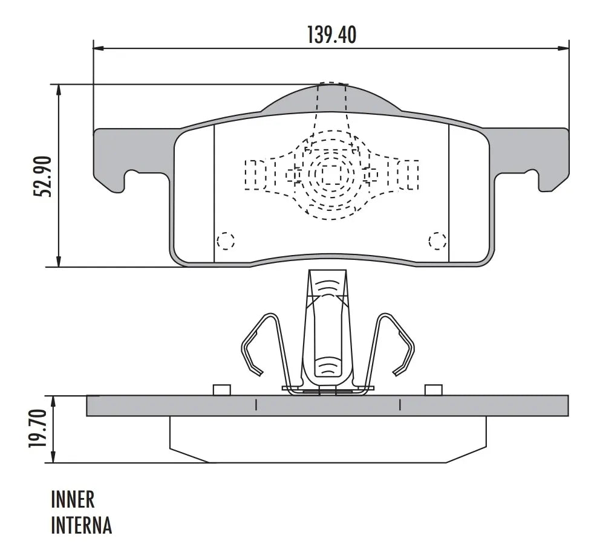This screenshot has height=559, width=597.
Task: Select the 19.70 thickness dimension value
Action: [38, 429]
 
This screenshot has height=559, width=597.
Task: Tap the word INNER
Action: [73, 500]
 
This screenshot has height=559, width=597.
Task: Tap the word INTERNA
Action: [81, 525]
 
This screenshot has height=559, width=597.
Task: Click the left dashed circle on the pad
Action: [226, 241]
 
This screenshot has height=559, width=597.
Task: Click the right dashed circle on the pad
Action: [437, 241]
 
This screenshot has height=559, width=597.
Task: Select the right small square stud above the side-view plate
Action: [433, 390]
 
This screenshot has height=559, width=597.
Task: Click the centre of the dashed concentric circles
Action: [331, 175]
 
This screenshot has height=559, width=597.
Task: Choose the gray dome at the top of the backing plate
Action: [330, 99]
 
